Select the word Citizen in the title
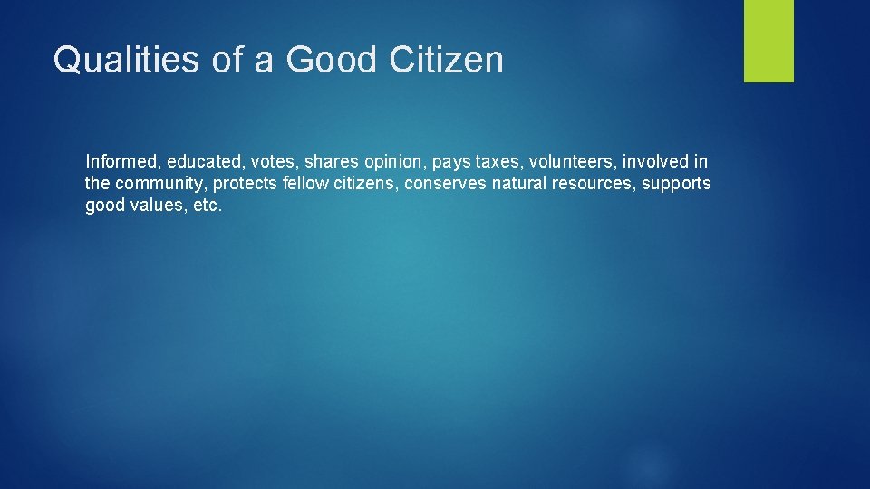(x=446, y=60)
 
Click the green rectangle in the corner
(x=768, y=41)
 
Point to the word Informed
(x=122, y=162)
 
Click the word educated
(x=199, y=162)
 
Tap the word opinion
(x=394, y=163)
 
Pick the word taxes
(x=498, y=163)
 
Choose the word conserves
(x=446, y=184)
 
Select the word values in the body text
(x=153, y=206)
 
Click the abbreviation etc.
(x=208, y=206)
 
